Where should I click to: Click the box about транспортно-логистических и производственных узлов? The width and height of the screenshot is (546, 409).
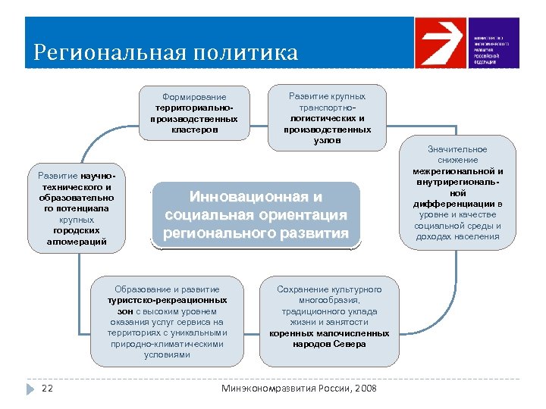[327, 117]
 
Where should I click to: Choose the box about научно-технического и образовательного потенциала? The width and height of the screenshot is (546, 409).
[75, 209]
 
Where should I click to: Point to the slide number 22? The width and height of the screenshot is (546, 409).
[46, 389]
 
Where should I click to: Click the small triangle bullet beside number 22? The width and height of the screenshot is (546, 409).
[31, 389]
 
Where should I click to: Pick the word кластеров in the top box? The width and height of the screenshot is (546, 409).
[194, 129]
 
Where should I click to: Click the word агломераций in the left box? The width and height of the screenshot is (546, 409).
[75, 242]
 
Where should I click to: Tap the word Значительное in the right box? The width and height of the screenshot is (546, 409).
[458, 149]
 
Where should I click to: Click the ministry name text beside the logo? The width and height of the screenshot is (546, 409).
[491, 50]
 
